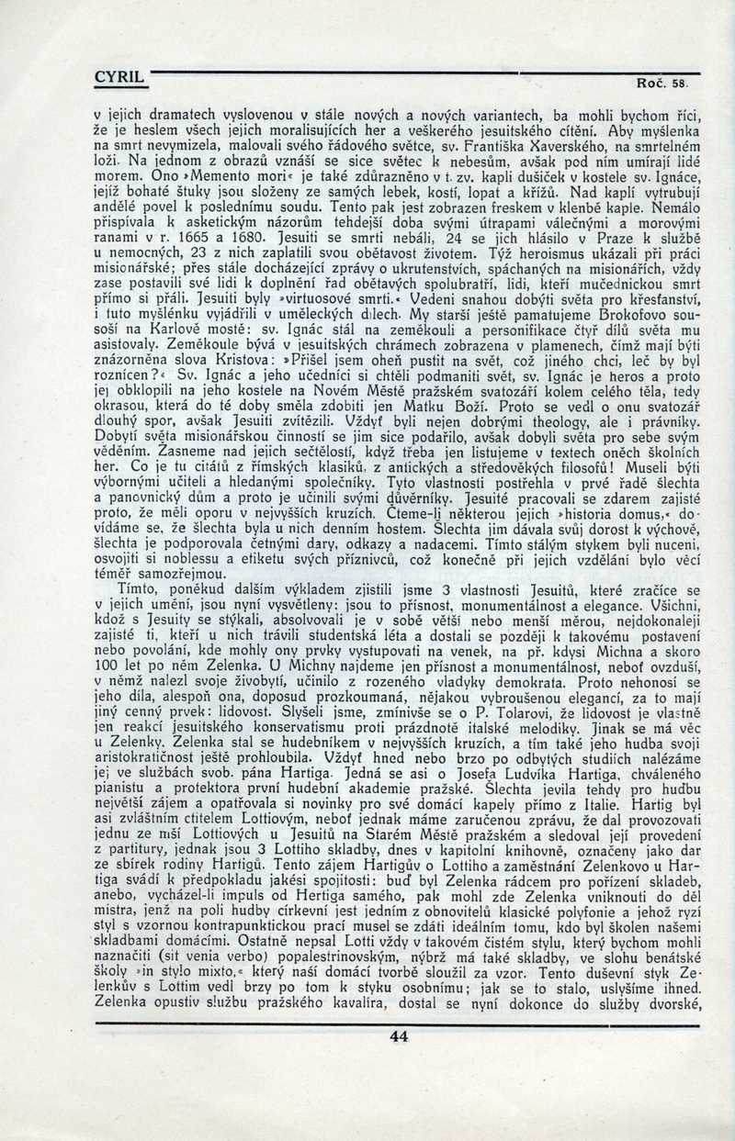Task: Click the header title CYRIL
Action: (x=121, y=79)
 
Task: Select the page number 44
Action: (x=398, y=1036)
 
